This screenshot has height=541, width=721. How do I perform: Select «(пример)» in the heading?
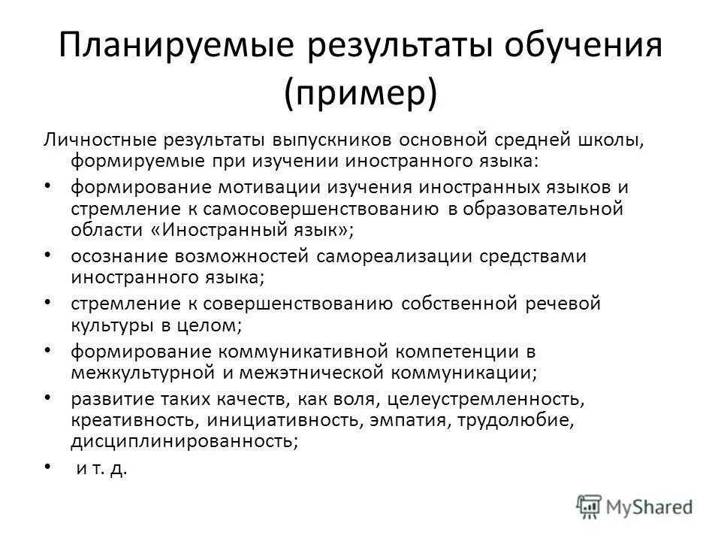click(360, 95)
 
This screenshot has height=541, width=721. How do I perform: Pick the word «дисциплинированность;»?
click(184, 441)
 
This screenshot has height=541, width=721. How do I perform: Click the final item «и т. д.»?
click(102, 470)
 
